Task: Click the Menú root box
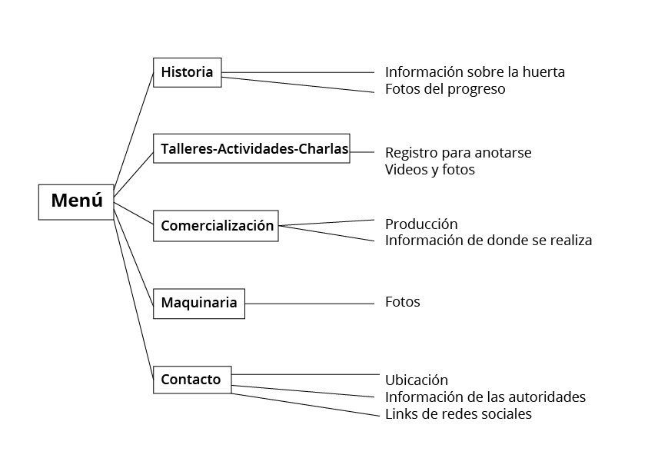tap(76, 202)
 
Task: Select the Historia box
tap(187, 72)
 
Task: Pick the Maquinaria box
tap(198, 303)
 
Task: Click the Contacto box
tap(191, 380)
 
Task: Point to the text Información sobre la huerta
tap(474, 72)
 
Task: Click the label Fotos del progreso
tap(445, 89)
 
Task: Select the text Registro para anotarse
tap(458, 153)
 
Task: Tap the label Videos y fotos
tap(430, 170)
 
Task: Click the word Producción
tap(421, 224)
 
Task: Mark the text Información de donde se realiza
tap(488, 241)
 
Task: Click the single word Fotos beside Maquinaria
tap(402, 302)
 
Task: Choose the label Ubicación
tap(416, 380)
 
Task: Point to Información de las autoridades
tap(485, 397)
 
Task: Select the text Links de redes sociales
tap(458, 414)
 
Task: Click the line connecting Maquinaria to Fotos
tap(307, 304)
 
